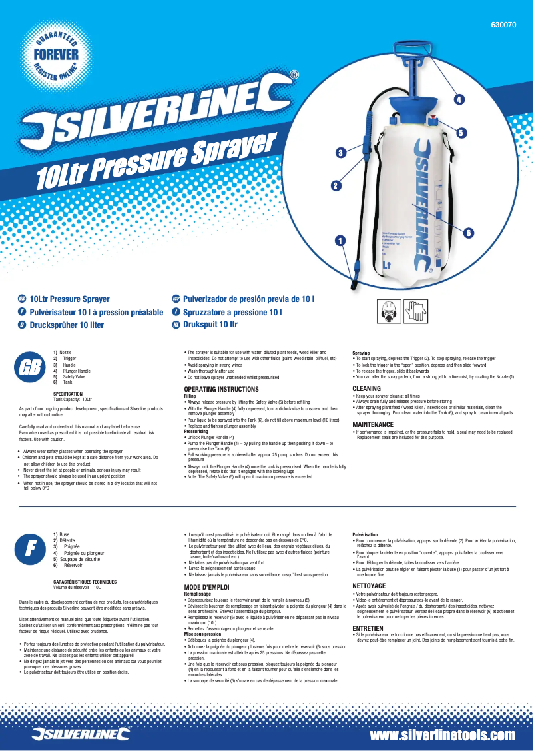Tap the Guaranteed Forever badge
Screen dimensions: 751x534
pyautogui.click(x=57, y=54)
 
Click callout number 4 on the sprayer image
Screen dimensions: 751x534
pyautogui.click(x=459, y=99)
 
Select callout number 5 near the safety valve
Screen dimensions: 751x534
pyautogui.click(x=461, y=132)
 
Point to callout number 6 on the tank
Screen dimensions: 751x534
pyautogui.click(x=467, y=232)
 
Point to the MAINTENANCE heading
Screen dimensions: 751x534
pyautogui.click(x=373, y=424)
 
